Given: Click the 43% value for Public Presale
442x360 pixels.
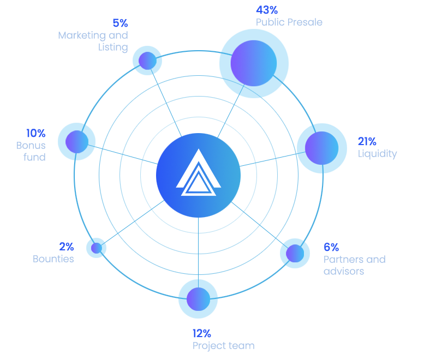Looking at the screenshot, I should point(267,10).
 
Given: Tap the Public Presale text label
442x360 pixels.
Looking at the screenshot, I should point(289,22).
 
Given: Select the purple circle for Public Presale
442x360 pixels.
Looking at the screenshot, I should point(253,63).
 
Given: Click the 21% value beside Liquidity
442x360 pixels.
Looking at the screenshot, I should point(367,142).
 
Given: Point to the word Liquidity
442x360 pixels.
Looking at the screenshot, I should point(377,154).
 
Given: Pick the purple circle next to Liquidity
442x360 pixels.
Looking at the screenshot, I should point(320,148).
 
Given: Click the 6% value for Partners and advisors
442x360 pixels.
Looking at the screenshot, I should point(331,247).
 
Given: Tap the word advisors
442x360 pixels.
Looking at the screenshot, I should point(344,271).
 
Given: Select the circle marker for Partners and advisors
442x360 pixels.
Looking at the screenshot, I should point(294,253).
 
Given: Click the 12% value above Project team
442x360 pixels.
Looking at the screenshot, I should point(201,333).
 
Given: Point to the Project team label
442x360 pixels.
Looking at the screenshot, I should point(223,346).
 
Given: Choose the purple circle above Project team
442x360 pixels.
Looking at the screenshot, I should point(197,299).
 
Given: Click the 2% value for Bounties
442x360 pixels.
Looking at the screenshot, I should point(67,247).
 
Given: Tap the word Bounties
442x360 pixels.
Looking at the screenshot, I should point(53,259).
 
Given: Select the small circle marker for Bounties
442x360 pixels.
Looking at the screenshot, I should point(96,248).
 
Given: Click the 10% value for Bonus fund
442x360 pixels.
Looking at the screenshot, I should point(36,133).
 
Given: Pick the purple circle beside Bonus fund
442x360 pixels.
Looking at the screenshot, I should point(76,142).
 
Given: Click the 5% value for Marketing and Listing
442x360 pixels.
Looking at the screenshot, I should point(120,23).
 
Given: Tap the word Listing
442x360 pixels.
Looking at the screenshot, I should point(113,47).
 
